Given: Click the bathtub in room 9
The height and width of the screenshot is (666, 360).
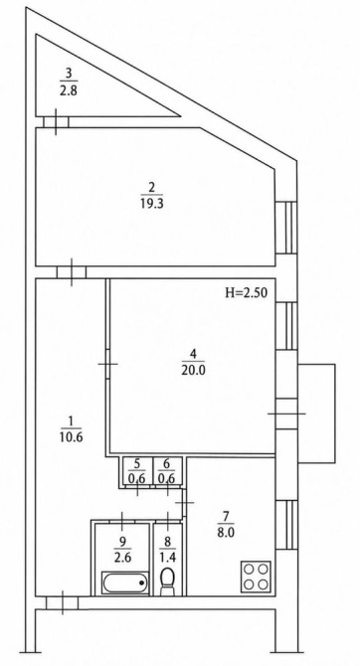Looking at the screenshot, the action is pyautogui.click(x=126, y=582).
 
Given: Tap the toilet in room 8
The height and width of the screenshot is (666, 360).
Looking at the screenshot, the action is pyautogui.click(x=167, y=581).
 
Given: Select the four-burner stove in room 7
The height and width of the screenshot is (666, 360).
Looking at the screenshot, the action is pyautogui.click(x=256, y=577).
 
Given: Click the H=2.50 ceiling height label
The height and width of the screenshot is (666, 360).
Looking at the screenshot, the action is pyautogui.click(x=246, y=292).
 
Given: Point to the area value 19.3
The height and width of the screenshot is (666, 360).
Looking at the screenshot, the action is pyautogui.click(x=151, y=204).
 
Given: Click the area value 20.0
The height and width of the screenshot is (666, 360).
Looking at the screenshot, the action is pyautogui.click(x=193, y=370).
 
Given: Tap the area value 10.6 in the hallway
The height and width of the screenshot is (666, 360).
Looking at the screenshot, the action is pyautogui.click(x=72, y=437).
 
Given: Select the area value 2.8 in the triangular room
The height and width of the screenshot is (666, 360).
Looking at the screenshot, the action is pyautogui.click(x=69, y=90).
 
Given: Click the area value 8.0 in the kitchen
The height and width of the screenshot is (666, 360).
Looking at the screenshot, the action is pyautogui.click(x=226, y=533).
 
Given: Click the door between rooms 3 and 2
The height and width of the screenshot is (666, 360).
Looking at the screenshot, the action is pyautogui.click(x=56, y=122).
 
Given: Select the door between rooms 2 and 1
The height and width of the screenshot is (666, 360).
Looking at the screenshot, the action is pyautogui.click(x=72, y=272).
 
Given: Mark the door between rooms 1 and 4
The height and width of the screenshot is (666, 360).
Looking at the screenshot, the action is pyautogui.click(x=108, y=364).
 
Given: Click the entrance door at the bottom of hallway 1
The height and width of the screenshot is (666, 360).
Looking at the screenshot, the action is pyautogui.click(x=62, y=602).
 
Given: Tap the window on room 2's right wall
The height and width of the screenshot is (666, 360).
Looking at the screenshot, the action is pyautogui.click(x=286, y=228).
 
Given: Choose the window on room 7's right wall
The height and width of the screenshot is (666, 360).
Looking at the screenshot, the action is pyautogui.click(x=286, y=525).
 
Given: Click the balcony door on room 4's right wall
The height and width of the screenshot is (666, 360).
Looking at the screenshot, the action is pyautogui.click(x=286, y=414).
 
